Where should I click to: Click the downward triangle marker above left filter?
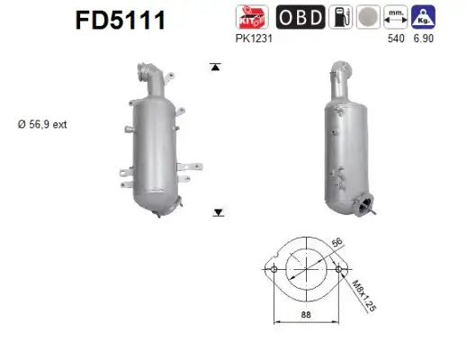coord(216,66)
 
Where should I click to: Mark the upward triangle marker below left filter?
coord(216,213)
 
